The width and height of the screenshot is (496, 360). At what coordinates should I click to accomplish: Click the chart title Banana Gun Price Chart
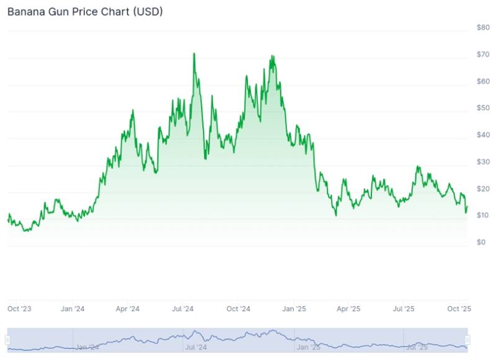(85, 12)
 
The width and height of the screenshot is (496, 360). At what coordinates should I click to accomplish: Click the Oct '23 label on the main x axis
(19, 308)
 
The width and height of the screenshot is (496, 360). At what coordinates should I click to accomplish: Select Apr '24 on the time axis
(128, 308)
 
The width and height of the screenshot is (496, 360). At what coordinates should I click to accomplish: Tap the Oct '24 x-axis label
(238, 308)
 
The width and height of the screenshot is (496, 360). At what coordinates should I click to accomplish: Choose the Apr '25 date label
(348, 308)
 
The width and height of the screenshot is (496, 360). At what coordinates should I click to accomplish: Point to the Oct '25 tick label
(459, 308)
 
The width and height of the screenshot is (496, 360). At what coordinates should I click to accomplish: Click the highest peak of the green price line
(194, 53)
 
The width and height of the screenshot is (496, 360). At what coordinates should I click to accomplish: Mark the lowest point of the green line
(25, 231)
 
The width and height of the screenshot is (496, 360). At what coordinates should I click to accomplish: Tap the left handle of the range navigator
(8, 340)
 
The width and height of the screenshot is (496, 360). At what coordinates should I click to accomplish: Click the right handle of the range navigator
(467, 340)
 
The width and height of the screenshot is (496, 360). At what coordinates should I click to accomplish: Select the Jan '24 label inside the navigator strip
(86, 348)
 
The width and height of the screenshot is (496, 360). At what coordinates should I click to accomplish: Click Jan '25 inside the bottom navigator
(309, 348)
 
